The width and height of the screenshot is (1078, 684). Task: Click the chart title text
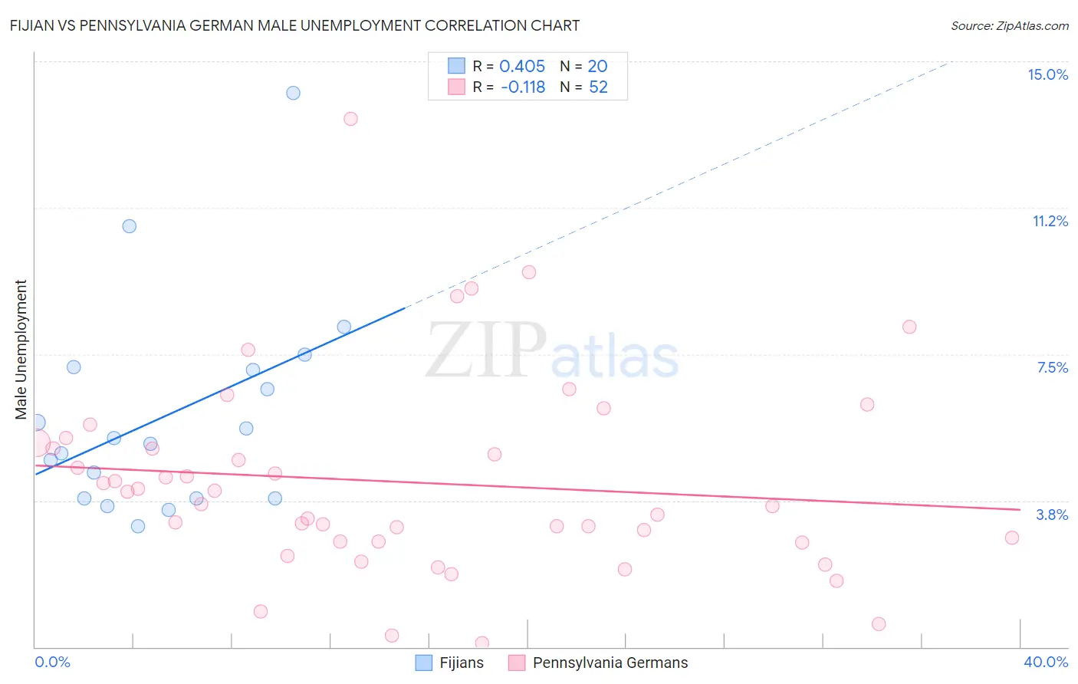[294, 25]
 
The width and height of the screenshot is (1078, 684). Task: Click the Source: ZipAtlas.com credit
[1009, 25]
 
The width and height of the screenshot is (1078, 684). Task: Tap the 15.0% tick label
[1047, 74]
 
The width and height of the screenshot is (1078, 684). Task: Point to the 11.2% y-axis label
[1050, 221]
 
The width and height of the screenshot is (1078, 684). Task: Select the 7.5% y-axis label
[1052, 367]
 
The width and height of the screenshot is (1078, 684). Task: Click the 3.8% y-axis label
[1052, 515]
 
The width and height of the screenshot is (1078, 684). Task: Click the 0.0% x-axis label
[52, 662]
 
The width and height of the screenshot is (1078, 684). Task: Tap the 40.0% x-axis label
[1046, 662]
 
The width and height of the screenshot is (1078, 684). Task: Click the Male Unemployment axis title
[21, 349]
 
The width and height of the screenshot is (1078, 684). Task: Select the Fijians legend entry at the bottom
[450, 663]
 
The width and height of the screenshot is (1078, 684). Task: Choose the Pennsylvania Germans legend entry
[599, 663]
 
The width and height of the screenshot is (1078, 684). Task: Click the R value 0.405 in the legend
[522, 67]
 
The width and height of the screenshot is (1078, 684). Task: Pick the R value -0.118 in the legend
[523, 87]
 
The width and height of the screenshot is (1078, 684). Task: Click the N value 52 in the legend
[598, 87]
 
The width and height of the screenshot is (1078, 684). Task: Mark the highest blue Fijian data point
[293, 93]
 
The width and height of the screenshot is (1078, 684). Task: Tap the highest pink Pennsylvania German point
[350, 119]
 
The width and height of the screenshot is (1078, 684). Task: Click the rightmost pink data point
[1011, 538]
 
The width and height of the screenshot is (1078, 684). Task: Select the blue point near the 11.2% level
[129, 226]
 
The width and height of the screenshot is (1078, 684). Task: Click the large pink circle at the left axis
[35, 443]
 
